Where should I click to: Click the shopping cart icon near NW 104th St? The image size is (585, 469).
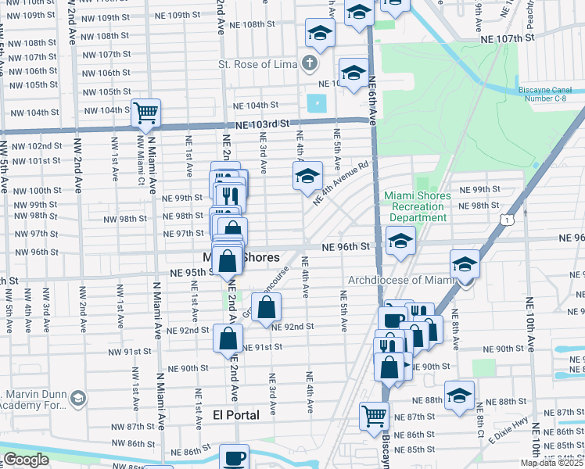[x=145, y=113]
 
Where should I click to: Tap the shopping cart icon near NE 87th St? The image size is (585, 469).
[x=375, y=416]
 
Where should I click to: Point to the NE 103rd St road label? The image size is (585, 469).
[x=257, y=124]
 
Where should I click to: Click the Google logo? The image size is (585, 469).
[x=26, y=460]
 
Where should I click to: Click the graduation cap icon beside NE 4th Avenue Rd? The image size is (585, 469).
[x=307, y=176]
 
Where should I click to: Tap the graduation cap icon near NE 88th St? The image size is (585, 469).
[x=459, y=395]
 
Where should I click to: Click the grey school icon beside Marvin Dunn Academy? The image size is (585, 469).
[x=77, y=399]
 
